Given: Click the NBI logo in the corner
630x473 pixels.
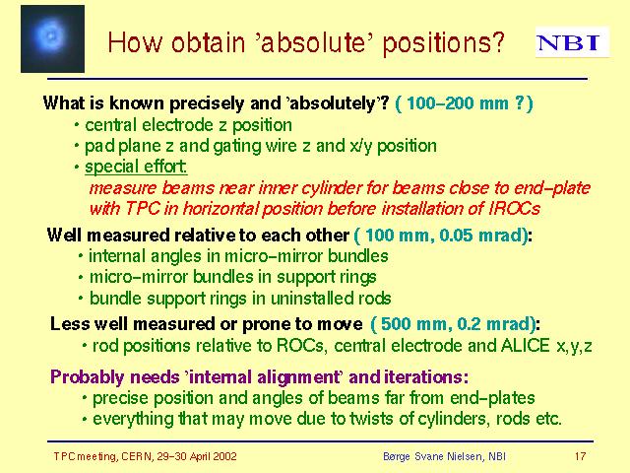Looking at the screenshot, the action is tap(572, 42).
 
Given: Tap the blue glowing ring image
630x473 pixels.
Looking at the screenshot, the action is tap(52, 38).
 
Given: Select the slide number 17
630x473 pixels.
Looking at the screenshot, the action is tap(580, 456).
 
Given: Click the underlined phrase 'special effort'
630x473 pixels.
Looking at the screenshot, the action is tap(136, 167).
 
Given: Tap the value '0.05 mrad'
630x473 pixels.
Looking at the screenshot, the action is tap(482, 235).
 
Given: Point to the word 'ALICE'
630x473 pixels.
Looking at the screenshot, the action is tap(525, 346).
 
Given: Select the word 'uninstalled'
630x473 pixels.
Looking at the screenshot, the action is tap(306, 299).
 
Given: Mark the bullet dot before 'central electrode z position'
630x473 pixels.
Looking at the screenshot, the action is tap(77, 125).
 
